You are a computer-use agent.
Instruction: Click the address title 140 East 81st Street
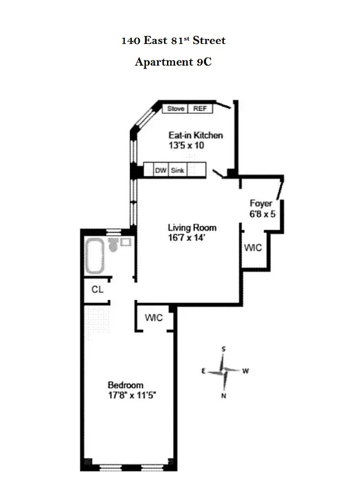173,41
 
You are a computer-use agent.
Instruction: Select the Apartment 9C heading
173,62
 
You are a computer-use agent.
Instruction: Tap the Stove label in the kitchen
176,108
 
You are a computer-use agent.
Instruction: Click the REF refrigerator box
200,108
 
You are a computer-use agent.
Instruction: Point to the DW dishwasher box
161,170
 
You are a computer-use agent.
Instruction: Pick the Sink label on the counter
178,170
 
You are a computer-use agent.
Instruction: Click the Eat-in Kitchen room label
195,136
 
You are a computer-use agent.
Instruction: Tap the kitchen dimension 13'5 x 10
186,145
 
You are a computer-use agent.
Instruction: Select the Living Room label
192,227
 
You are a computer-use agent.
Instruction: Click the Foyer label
261,203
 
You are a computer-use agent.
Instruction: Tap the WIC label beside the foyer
253,247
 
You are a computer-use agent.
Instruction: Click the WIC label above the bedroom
153,317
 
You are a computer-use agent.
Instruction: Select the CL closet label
97,289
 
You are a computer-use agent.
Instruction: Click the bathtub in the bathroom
95,258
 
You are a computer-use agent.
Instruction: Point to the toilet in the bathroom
114,246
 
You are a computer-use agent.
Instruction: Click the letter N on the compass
223,396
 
